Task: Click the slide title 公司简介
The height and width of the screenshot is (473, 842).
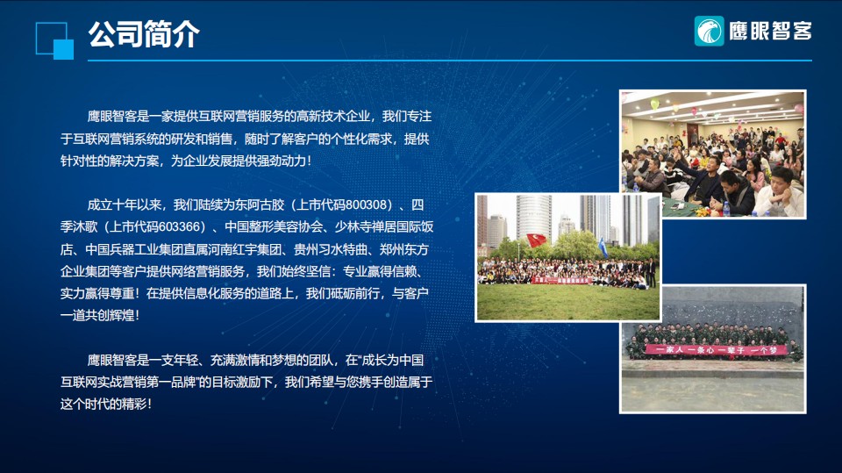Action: point(144,34)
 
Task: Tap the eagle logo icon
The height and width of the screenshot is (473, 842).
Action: point(709,31)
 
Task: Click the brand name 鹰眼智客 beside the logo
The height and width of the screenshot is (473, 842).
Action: point(770,32)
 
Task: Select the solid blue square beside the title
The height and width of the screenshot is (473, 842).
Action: point(63,49)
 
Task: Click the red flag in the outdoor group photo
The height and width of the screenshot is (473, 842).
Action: point(536,240)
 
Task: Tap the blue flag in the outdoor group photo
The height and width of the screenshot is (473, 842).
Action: point(603,247)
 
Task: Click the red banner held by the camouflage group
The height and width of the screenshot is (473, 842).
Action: point(716,350)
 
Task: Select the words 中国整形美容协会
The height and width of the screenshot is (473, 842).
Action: point(274,226)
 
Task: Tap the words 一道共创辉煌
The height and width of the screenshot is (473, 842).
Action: point(96,316)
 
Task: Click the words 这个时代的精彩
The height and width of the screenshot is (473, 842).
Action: point(103,404)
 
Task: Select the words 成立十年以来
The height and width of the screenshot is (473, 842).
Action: point(124,204)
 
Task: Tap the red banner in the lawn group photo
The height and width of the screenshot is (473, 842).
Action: point(561,280)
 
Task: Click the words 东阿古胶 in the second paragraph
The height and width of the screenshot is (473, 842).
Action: point(260,204)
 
